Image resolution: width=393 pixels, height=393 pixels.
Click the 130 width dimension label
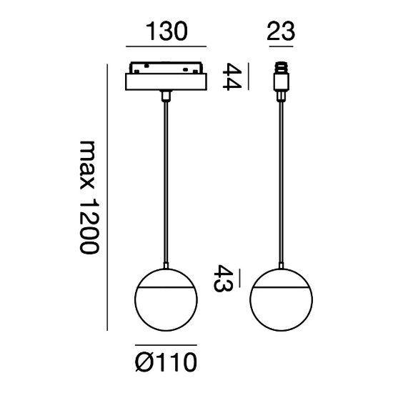tap(166, 31)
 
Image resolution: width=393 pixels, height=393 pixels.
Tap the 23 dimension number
tap(281, 31)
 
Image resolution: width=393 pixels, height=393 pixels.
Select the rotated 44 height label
tap(232, 76)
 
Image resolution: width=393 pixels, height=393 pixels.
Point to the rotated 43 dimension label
tap(223, 278)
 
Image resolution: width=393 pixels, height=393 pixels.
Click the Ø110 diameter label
tap(166, 362)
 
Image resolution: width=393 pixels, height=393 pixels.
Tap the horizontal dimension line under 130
tap(166, 46)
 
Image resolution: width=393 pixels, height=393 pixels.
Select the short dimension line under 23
tap(281, 46)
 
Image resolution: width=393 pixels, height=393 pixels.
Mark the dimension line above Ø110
tap(166, 345)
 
